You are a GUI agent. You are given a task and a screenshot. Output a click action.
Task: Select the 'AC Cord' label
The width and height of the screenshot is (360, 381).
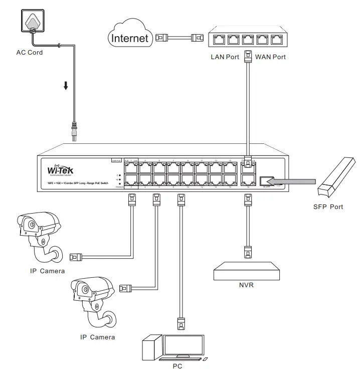tap(30, 53)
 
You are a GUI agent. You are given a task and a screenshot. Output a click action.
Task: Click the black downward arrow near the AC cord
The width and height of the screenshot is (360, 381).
tap(66, 86)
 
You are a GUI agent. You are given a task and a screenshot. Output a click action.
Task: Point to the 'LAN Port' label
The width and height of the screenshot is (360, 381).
tap(225, 57)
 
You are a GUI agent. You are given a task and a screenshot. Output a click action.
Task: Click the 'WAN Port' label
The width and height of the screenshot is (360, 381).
tap(270, 57)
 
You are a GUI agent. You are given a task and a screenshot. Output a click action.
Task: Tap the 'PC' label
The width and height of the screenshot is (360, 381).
tap(176, 366)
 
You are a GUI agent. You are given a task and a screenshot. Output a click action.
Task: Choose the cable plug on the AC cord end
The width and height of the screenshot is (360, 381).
tap(74, 131)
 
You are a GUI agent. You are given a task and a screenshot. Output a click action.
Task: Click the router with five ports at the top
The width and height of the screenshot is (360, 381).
tap(246, 38)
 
